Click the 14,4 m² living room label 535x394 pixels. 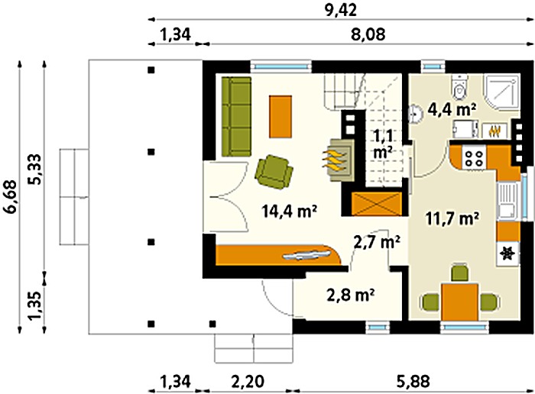(x=290, y=212)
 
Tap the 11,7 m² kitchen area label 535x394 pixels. (x=452, y=218)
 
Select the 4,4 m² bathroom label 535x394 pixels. (x=449, y=110)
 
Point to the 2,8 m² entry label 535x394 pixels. (x=351, y=295)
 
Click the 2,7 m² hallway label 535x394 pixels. (x=377, y=242)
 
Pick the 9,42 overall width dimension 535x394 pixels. (x=341, y=10)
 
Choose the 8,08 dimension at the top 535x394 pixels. (x=368, y=34)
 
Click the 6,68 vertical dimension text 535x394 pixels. (x=11, y=197)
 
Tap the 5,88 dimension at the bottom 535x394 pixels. (x=413, y=382)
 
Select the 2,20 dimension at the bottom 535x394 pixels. (x=248, y=382)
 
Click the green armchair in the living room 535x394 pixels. (x=274, y=172)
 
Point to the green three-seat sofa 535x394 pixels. (x=236, y=117)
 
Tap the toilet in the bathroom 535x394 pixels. (x=459, y=88)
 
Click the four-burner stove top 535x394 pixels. (x=474, y=157)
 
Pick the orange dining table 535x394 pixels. (x=459, y=302)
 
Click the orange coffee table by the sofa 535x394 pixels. (x=280, y=117)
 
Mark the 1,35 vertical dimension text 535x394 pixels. (x=35, y=305)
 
